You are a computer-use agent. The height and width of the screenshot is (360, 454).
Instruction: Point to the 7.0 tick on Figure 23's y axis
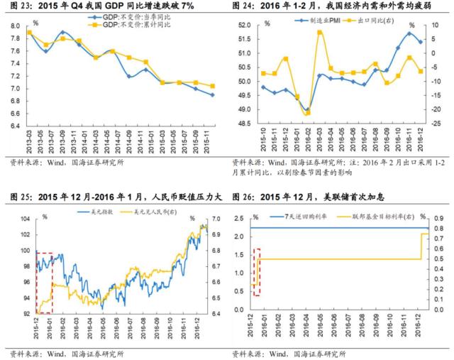[15, 89]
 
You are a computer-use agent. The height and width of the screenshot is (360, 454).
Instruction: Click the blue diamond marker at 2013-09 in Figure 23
[64, 32]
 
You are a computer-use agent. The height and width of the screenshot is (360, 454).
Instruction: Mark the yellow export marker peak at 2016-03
[319, 32]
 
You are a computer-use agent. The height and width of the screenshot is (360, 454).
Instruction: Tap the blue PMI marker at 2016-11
[409, 33]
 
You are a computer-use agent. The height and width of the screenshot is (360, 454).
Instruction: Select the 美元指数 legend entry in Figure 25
[99, 212]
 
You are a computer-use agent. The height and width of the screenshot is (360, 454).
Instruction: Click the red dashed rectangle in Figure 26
[256, 272]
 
